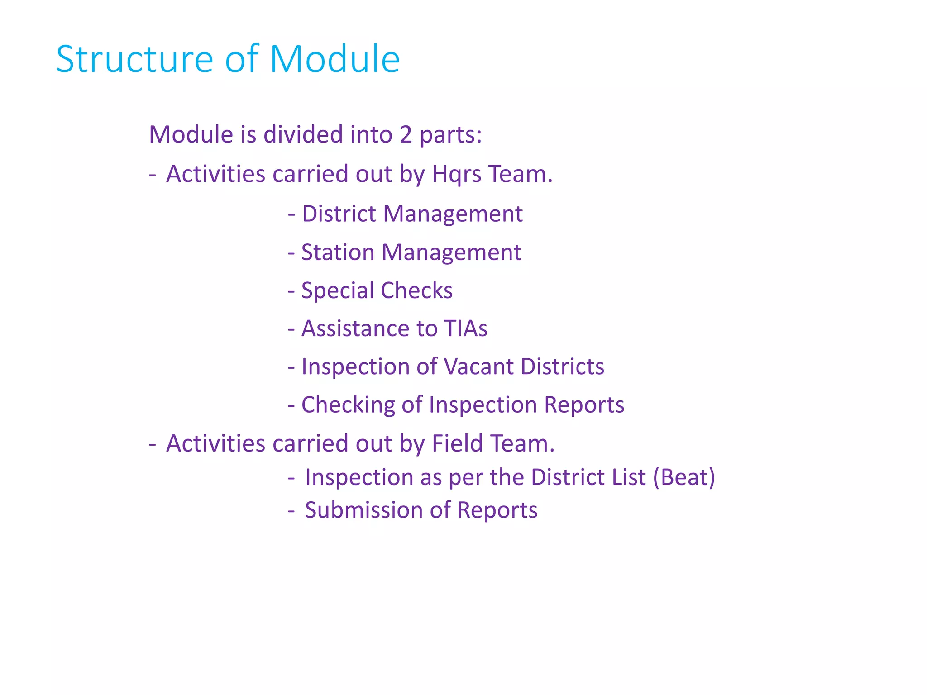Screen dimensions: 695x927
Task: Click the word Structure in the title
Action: click(134, 59)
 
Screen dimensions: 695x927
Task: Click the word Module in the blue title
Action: click(334, 59)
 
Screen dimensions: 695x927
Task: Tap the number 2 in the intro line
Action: click(406, 135)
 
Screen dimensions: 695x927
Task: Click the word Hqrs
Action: click(457, 175)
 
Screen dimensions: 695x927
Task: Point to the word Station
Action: click(338, 252)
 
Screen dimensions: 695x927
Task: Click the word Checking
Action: click(348, 405)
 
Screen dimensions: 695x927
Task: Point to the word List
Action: click(629, 477)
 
